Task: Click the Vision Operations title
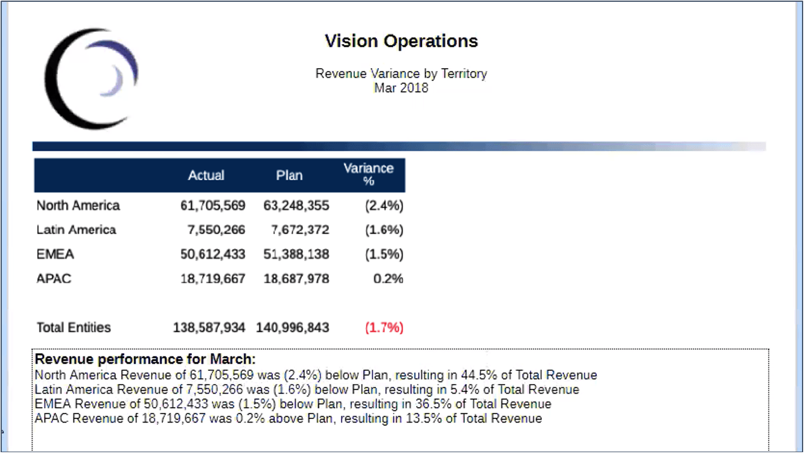(x=401, y=41)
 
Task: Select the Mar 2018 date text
(x=401, y=88)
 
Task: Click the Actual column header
(x=206, y=175)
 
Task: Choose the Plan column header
(x=289, y=175)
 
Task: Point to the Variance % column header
(x=368, y=174)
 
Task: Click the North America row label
(x=78, y=206)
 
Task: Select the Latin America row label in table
(x=76, y=230)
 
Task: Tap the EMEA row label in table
(x=55, y=254)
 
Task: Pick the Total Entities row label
(x=74, y=328)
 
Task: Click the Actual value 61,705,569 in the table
(x=212, y=206)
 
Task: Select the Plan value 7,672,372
(x=299, y=230)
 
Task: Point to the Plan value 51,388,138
(x=296, y=254)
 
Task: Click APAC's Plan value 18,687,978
(x=296, y=279)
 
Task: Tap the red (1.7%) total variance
(x=384, y=328)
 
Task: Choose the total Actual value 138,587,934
(x=209, y=328)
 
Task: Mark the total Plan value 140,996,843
(x=293, y=328)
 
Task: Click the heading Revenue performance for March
(x=145, y=360)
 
